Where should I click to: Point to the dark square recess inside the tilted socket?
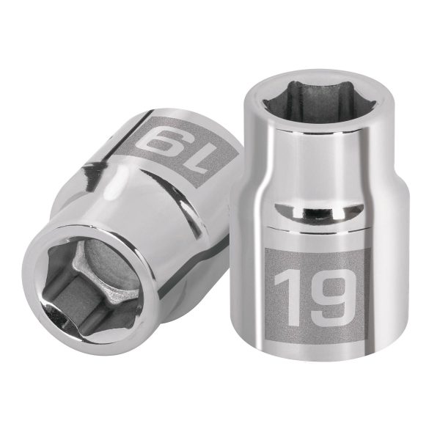pos(81,293)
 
